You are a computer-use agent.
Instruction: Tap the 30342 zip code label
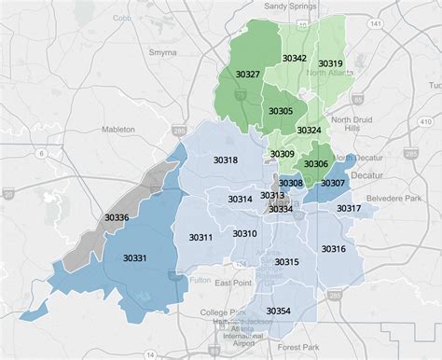coord(296,58)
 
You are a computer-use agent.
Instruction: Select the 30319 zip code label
coord(330,63)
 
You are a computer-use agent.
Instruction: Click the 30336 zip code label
coord(117,217)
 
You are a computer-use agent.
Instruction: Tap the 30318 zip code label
coord(226,160)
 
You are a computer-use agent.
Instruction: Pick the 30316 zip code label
coord(333,249)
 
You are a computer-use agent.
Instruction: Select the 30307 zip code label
coord(333,183)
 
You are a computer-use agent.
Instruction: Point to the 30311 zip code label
coord(200,238)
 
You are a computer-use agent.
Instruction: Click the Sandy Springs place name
coord(287,7)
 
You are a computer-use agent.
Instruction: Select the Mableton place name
coord(118,129)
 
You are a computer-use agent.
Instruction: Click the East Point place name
coord(233,282)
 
